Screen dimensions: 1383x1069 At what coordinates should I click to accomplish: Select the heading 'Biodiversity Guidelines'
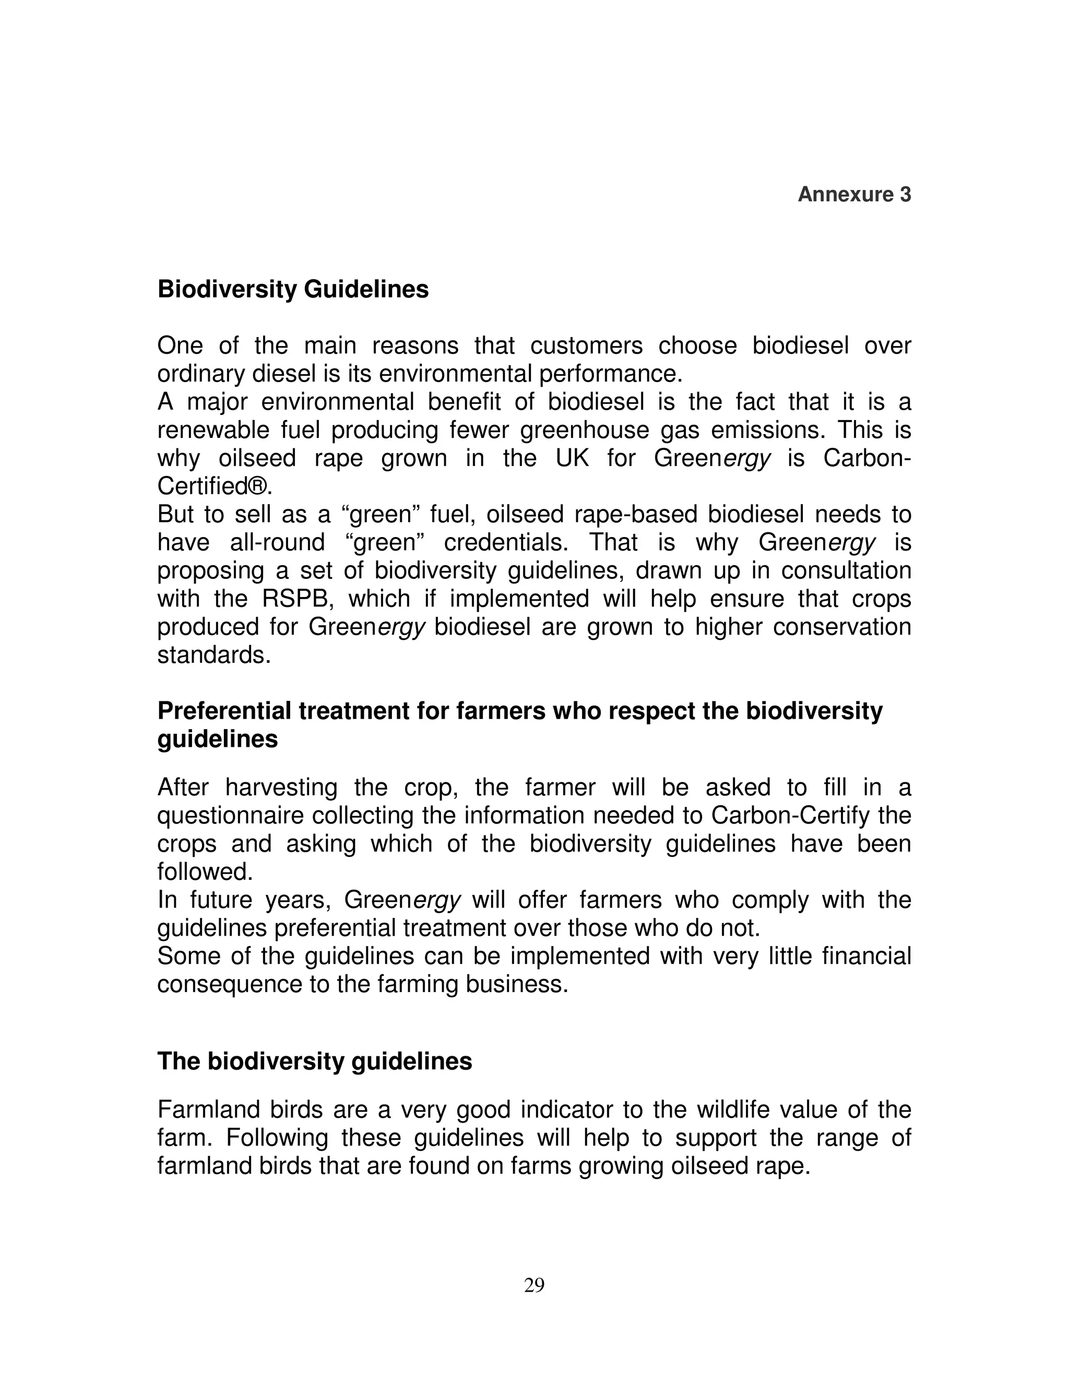coord(293,290)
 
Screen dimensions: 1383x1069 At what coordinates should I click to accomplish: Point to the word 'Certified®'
coord(214,486)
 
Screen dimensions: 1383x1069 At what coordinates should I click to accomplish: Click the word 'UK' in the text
coord(572,458)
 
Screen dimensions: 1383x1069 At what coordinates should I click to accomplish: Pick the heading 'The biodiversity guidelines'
coord(314,1060)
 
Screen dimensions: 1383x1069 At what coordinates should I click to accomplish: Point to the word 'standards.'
coord(214,655)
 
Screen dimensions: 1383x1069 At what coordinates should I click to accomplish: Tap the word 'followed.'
coord(205,872)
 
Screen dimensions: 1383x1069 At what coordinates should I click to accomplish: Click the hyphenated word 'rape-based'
coord(636,514)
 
